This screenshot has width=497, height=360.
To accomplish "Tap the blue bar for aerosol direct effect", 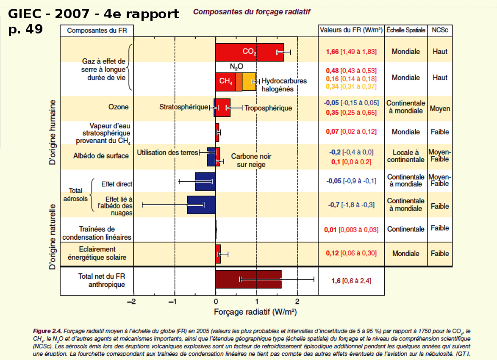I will coord(205,181).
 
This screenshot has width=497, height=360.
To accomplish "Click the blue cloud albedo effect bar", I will coord(201,205).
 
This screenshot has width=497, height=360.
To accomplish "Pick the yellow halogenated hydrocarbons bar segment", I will coord(249,82).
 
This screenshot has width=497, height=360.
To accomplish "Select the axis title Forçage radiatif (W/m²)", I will coord(255,312).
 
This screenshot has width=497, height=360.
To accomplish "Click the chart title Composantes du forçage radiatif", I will coord(252,12).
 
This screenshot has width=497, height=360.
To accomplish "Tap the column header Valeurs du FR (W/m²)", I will coord(351,30).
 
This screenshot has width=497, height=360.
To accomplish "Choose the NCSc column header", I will coord(440,30).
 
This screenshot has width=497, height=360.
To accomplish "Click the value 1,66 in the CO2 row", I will coord(333,52).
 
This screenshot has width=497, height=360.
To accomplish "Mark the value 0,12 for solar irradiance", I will coord(333,253).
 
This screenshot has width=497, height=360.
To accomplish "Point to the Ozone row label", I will coord(118,107).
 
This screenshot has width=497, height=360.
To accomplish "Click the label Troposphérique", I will coord(268,108).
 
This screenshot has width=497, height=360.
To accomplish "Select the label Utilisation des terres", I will coord(167,152).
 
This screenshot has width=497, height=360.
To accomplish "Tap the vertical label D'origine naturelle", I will coord(53,237).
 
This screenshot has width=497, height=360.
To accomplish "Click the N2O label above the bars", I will coord(236,66).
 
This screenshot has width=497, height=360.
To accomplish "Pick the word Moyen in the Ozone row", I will coord(440,108).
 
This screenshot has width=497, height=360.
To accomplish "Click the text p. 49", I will coord(25,30).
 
